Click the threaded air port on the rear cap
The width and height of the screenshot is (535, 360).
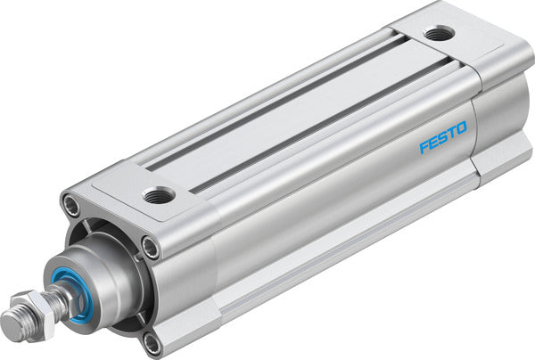tap(437, 35)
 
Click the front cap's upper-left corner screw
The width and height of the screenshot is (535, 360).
tap(70, 206)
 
